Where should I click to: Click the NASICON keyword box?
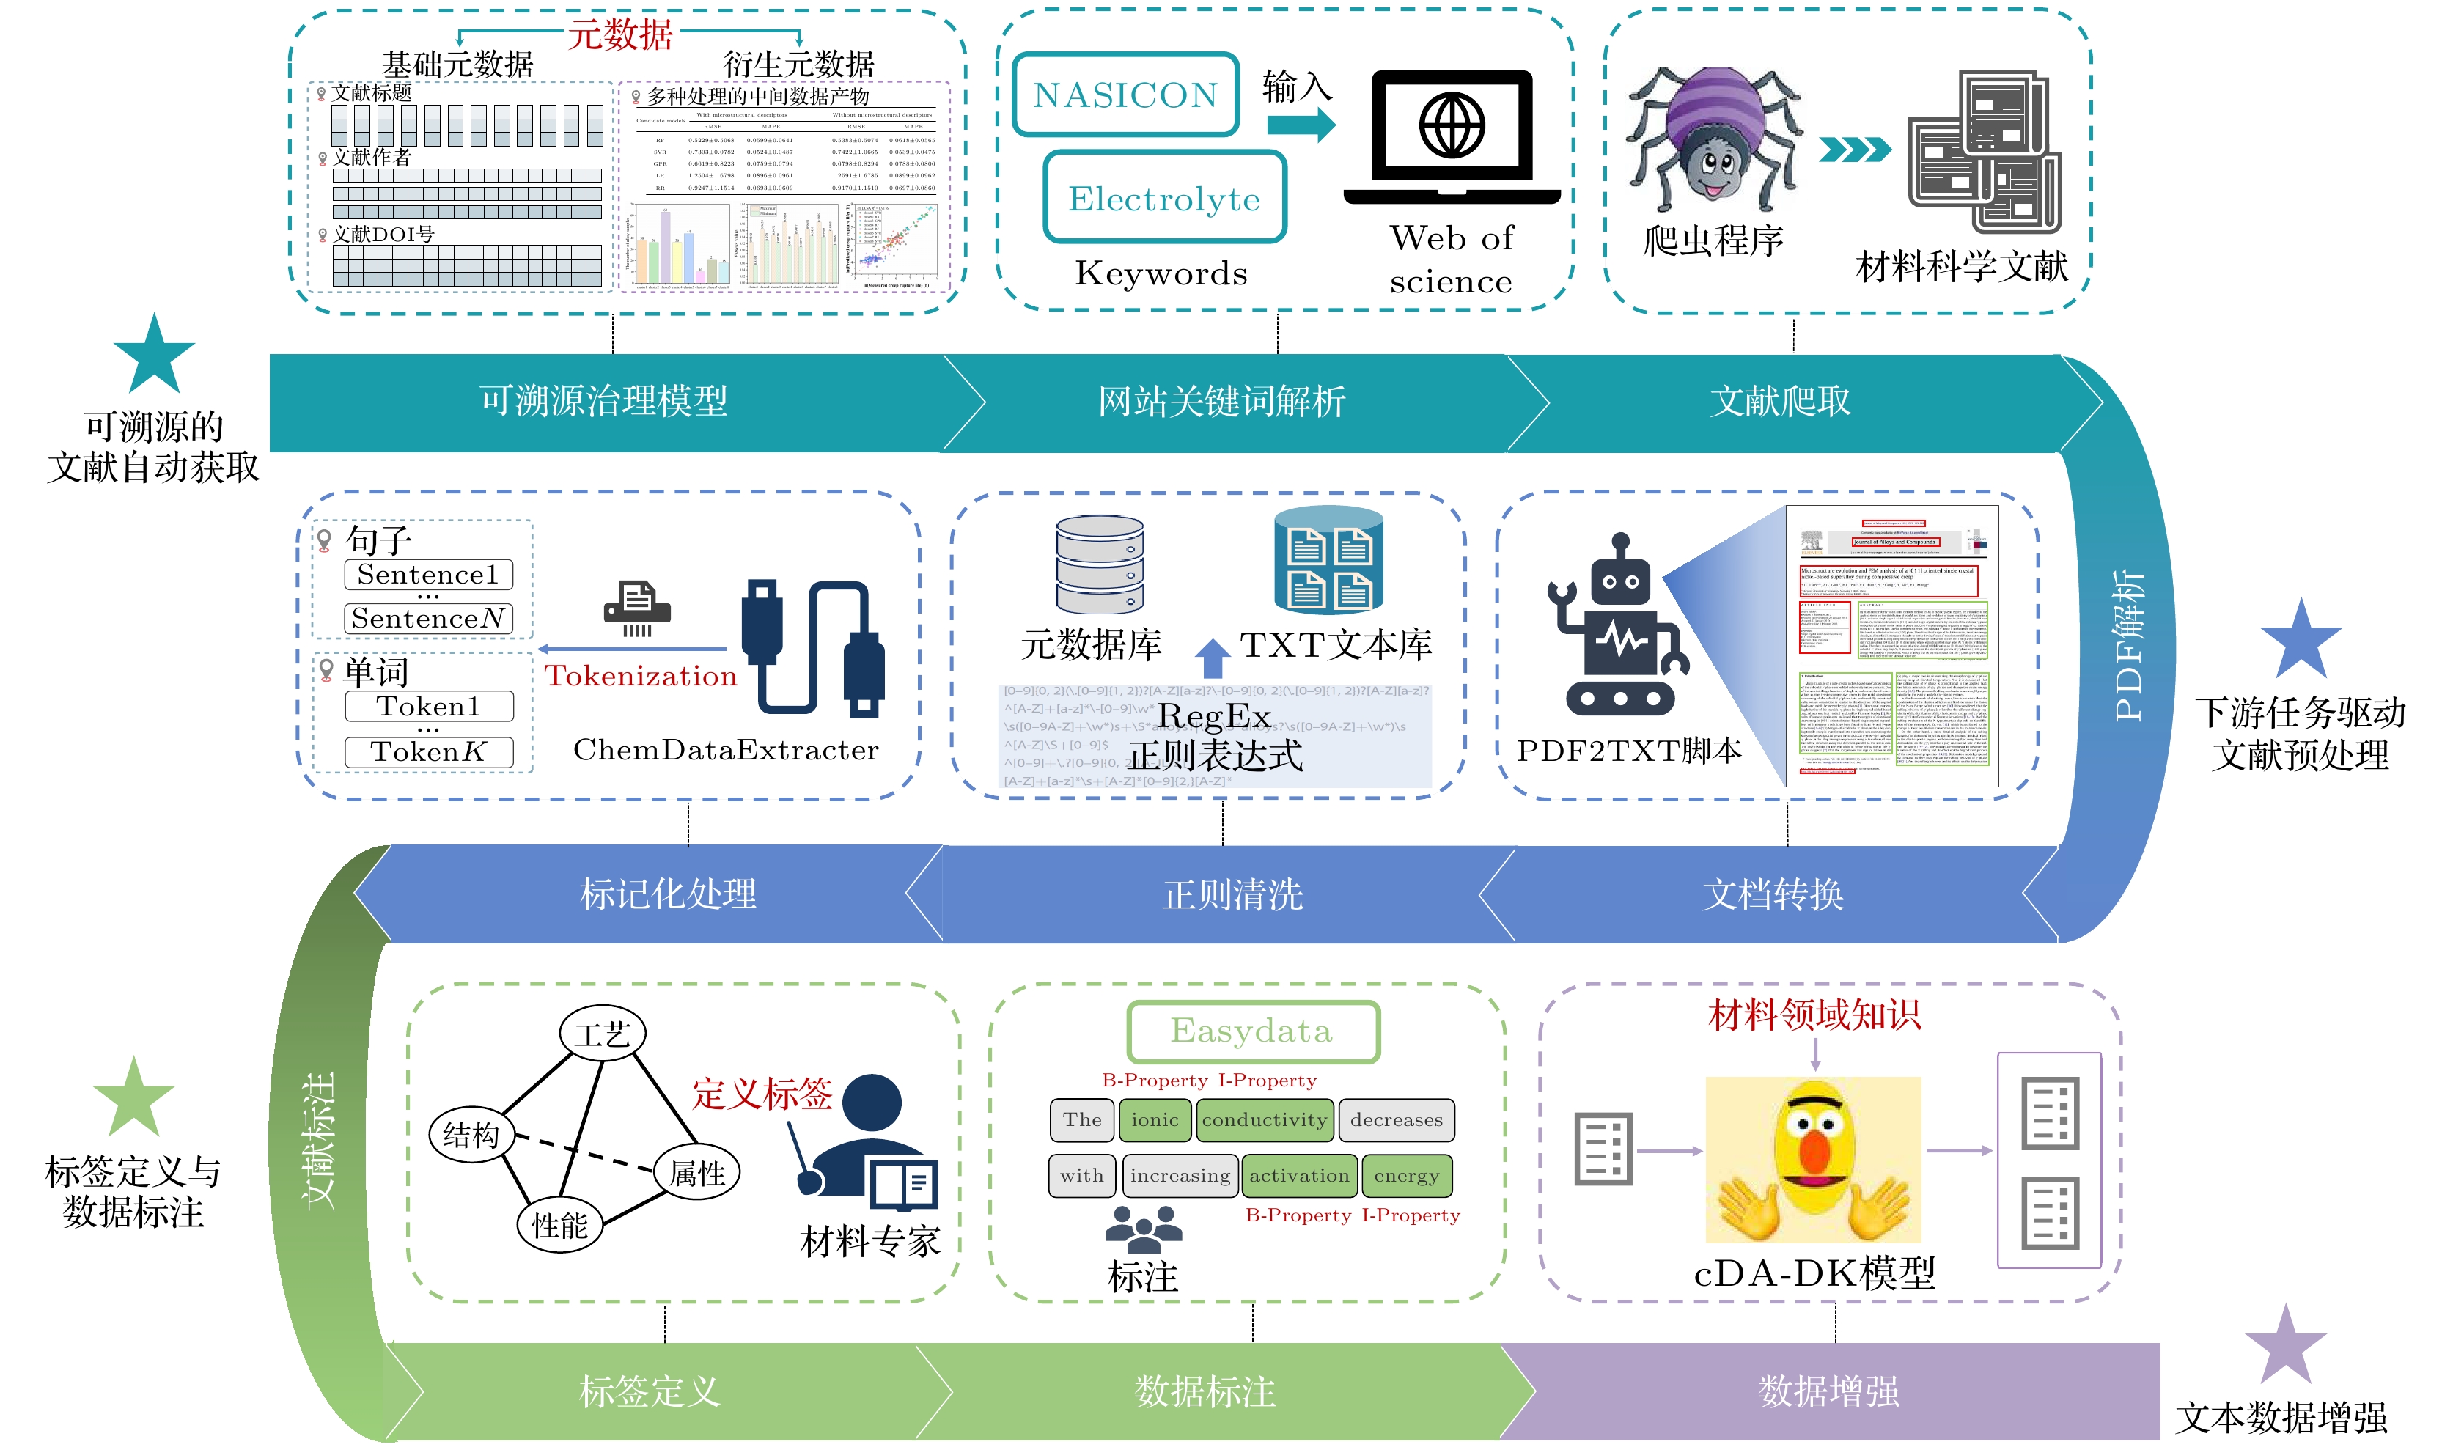(x=1125, y=95)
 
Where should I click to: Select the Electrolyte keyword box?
(x=1164, y=199)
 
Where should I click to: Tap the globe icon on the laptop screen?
(x=1452, y=126)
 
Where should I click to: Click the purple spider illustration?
(x=1713, y=137)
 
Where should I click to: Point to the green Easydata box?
(x=1252, y=1031)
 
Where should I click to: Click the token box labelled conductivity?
(x=1264, y=1119)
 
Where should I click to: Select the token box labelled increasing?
(x=1180, y=1175)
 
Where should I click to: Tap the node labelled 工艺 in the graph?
(x=602, y=1034)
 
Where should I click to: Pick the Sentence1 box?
(x=428, y=575)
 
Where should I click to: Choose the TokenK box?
(x=428, y=751)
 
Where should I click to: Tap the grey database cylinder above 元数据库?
(x=1099, y=564)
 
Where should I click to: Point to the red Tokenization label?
(x=640, y=676)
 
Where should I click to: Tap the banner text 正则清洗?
(x=1233, y=894)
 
